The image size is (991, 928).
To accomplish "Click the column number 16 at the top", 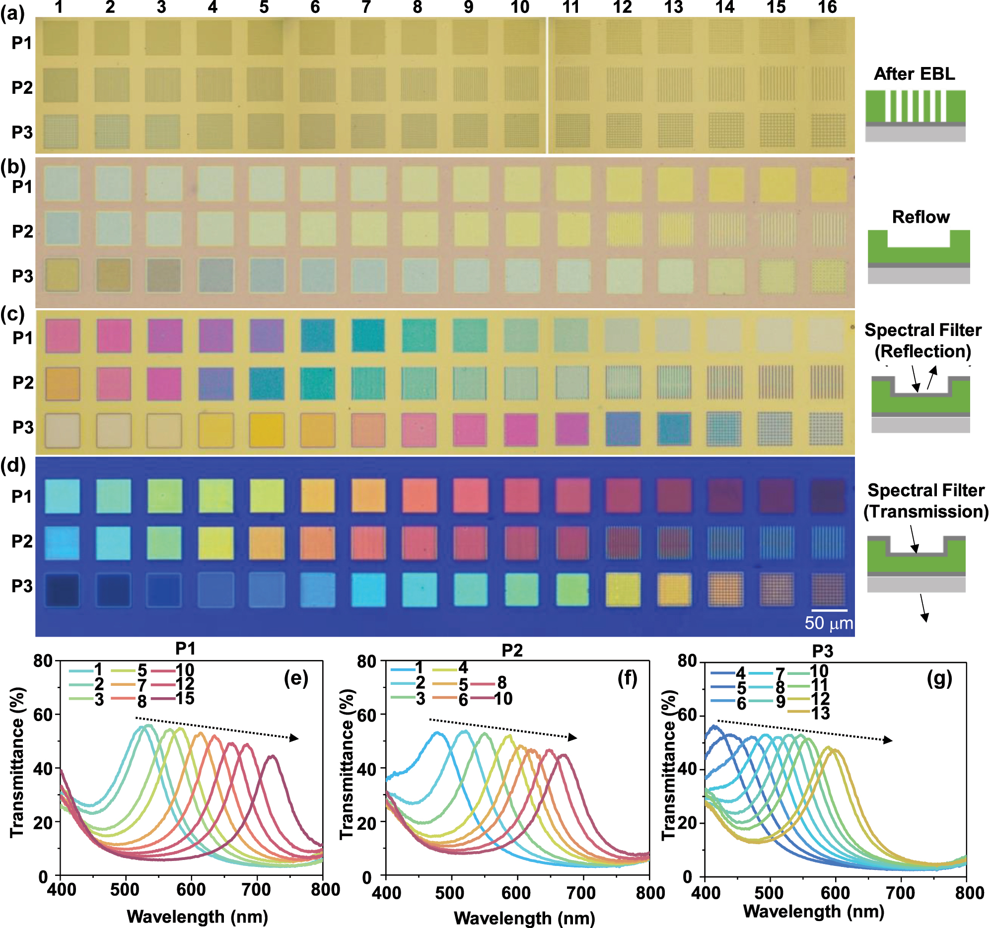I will coord(827,7).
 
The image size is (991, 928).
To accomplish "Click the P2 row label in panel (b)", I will coord(22,232).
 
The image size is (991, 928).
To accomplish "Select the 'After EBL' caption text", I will coord(914,74).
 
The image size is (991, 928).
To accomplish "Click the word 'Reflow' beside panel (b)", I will coord(920,217).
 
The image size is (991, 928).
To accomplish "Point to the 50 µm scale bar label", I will coord(829,623).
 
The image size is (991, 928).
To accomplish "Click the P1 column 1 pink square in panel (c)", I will coord(63,337).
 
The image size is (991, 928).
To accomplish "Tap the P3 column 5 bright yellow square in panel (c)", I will coord(267,430).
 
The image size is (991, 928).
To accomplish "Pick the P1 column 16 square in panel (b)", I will coord(829,185).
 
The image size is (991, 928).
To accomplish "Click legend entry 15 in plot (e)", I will coord(184,698).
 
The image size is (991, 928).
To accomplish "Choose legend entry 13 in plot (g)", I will coord(820,713).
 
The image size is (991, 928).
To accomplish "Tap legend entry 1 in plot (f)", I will coord(419,667).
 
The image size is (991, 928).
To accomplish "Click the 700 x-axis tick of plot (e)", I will coord(256,890).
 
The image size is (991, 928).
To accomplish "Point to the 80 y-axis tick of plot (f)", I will coord(367,662).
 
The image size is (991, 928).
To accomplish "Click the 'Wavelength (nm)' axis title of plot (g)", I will coord(814,911).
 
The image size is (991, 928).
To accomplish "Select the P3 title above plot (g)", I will coord(822,651).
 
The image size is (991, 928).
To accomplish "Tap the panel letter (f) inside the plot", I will coord(627,678).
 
